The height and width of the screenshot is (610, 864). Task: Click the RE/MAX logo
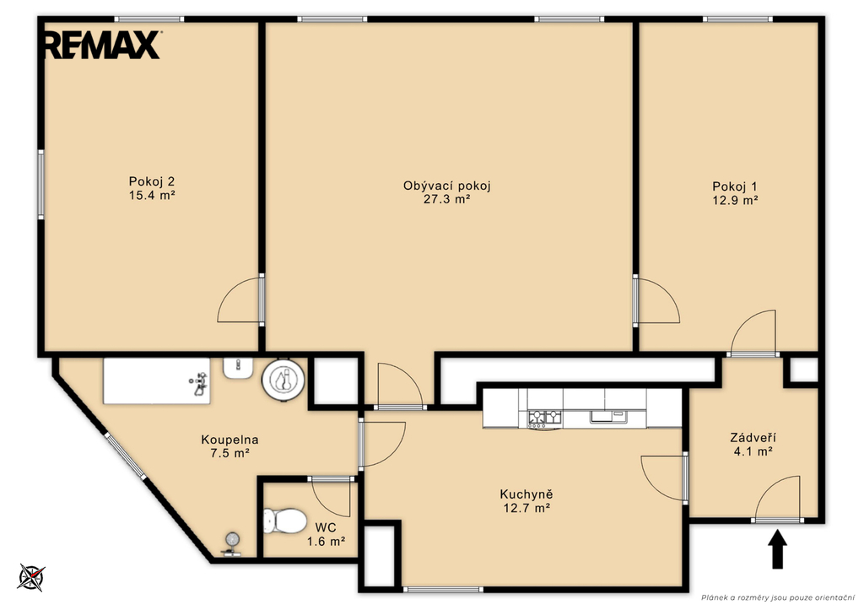coord(102,45)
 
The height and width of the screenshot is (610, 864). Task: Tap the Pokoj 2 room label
coord(152,181)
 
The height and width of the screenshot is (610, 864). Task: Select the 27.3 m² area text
coord(447,199)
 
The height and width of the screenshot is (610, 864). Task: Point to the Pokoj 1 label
coord(735,186)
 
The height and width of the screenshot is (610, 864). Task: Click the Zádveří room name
coord(753,438)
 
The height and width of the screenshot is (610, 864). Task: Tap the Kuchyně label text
coord(526,494)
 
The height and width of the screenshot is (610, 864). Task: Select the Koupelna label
coord(229,440)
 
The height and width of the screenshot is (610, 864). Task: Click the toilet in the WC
coord(285,521)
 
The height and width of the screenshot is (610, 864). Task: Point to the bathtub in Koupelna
coord(157,381)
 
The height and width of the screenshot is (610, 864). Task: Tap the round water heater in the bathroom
coord(283,380)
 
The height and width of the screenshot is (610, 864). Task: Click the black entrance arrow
coord(777,549)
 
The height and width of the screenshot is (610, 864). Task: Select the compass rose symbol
coord(31,577)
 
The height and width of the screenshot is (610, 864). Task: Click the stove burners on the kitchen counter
coord(544,418)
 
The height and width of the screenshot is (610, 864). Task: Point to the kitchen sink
coord(608,416)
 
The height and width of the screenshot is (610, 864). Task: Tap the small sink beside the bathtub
coord(238,368)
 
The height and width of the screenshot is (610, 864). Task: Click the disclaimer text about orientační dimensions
coord(777,597)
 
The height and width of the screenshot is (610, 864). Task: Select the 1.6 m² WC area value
coord(327,541)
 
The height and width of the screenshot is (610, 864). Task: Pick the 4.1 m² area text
coord(753,451)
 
